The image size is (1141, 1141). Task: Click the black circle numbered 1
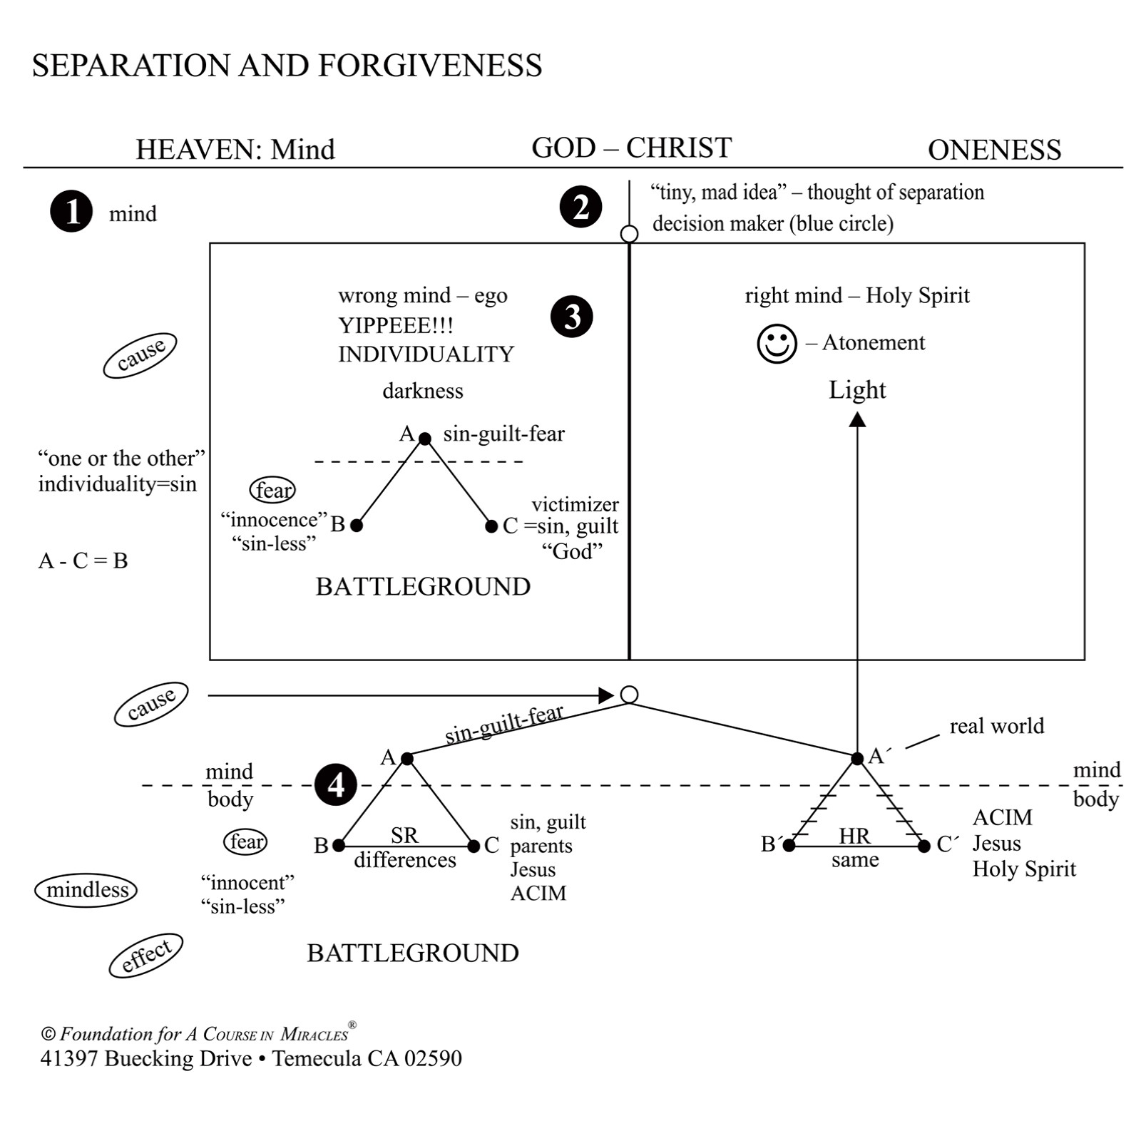point(71,212)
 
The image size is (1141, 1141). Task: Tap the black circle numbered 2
point(580,207)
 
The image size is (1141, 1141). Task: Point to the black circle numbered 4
point(335,784)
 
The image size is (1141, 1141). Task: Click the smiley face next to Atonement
point(777,344)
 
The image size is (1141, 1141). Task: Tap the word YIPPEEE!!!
point(396,325)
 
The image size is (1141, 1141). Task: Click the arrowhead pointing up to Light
point(857,419)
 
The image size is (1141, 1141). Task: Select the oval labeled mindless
point(86,890)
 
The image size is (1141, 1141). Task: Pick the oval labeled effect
point(146,955)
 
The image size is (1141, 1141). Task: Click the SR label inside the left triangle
point(404,835)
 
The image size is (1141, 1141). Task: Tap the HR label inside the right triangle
point(854,836)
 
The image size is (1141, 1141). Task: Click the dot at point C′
point(924,846)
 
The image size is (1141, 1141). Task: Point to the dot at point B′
point(789,846)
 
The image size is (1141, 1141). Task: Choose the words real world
point(996,726)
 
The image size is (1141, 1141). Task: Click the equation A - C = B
point(83,561)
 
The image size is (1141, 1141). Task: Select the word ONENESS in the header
point(994,150)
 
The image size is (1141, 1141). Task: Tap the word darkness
point(423,391)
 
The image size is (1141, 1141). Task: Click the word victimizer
point(575,504)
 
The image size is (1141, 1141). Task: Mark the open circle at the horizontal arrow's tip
point(629,695)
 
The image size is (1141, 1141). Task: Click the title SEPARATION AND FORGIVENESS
point(287,66)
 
